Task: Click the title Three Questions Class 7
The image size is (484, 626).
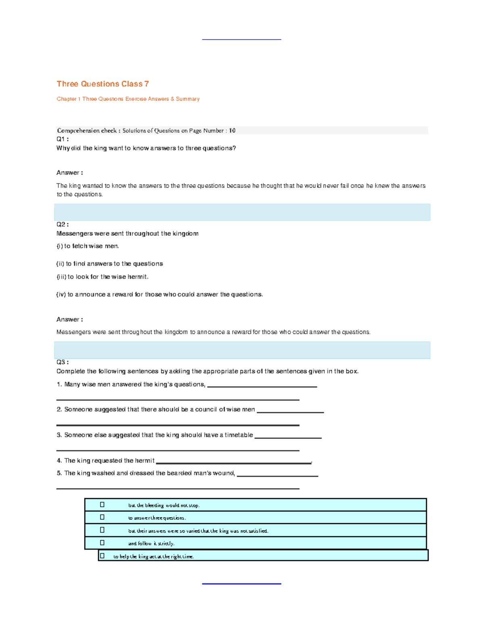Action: [102, 84]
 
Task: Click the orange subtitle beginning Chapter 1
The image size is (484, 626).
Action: [128, 99]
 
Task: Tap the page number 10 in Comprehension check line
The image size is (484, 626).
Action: [232, 131]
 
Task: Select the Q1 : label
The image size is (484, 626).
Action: [63, 139]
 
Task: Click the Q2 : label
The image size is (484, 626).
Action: [63, 225]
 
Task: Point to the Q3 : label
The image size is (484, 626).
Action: [63, 362]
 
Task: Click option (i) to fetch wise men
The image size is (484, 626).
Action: [88, 246]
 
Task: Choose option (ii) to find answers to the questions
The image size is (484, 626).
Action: [109, 264]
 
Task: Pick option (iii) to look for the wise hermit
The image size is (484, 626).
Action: [102, 277]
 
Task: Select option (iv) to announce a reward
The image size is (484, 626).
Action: [159, 295]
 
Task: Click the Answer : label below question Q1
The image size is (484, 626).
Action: [69, 173]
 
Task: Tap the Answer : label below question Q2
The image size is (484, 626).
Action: [69, 319]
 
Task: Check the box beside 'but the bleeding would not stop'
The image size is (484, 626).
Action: [102, 505]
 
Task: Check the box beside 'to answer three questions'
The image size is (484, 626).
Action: [102, 517]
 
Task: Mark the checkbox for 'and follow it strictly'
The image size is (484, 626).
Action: [102, 543]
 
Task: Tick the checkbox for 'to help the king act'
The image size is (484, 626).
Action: [102, 556]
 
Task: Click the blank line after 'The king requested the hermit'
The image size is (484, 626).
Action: [234, 463]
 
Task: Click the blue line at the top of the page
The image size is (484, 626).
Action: [241, 40]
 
